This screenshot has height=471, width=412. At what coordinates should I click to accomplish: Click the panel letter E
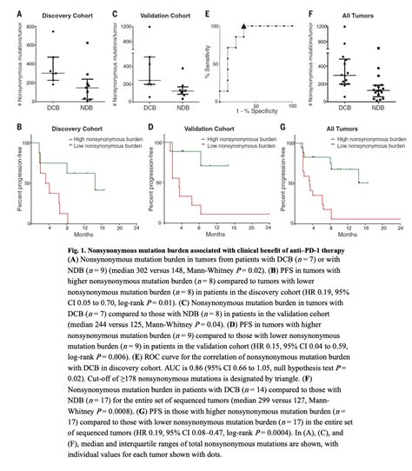205,15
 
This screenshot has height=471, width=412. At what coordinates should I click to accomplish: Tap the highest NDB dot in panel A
86,42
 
